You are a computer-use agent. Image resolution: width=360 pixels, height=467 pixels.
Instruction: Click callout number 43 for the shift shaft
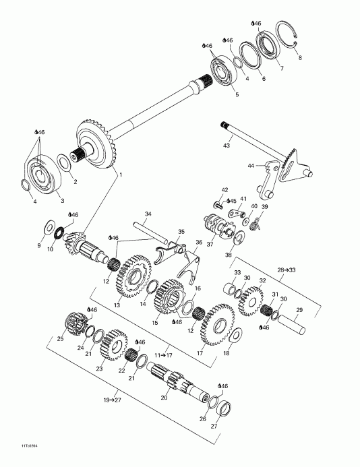227,146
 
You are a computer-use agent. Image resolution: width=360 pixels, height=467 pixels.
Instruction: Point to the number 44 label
251,165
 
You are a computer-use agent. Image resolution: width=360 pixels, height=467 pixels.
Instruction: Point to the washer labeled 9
51,225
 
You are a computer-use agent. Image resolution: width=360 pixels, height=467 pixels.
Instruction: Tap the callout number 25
59,339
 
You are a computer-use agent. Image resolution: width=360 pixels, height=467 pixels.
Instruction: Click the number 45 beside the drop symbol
233,200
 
